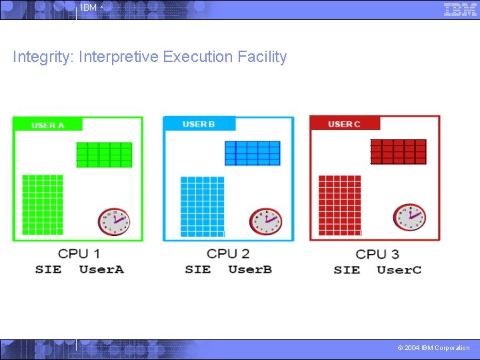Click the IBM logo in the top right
(460, 9)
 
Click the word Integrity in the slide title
(43, 57)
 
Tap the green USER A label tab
(47, 125)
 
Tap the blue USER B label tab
(199, 124)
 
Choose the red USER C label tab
(344, 124)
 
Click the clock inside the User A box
(113, 221)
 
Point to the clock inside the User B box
(265, 221)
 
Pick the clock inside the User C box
(409, 217)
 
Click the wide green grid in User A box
(104, 155)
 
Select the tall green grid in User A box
(43, 205)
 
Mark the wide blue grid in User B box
(253, 153)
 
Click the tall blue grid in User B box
(203, 206)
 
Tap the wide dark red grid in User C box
(398, 151)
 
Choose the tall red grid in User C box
(340, 205)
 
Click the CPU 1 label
(79, 253)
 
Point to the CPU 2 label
(228, 253)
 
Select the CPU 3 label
(377, 254)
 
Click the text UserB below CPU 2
(250, 269)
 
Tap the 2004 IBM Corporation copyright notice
(433, 348)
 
